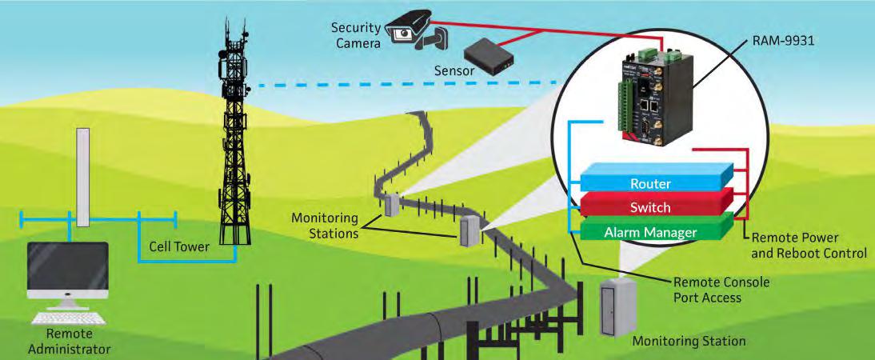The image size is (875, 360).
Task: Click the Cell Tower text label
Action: coord(178,246)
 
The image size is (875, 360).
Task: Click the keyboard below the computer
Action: coord(68,318)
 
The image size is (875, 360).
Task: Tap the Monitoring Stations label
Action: coord(325,225)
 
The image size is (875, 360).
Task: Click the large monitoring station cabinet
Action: coord(616,308)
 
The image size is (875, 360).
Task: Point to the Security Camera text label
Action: coord(356,34)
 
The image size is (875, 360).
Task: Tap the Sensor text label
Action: coord(454,71)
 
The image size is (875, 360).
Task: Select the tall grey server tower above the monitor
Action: coord(83,177)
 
